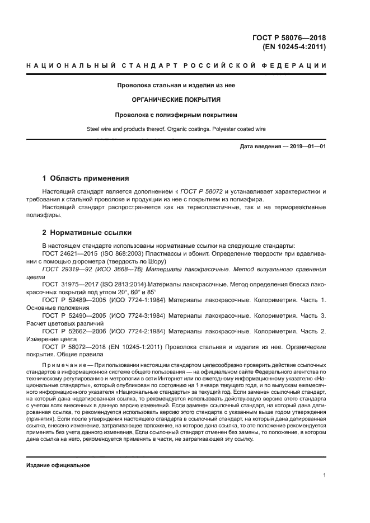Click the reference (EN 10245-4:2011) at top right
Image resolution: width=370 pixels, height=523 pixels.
pyautogui.click(x=294, y=47)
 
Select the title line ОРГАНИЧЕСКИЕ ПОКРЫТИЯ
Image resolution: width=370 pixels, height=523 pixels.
pyautogui.click(x=176, y=100)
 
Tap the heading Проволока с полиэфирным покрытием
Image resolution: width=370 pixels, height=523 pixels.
pyautogui.click(x=176, y=115)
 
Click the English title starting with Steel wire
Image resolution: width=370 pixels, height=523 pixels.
pyautogui.click(x=176, y=129)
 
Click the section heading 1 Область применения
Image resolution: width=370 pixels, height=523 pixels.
pyautogui.click(x=86, y=178)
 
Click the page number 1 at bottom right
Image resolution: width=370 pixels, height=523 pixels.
pyautogui.click(x=324, y=475)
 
